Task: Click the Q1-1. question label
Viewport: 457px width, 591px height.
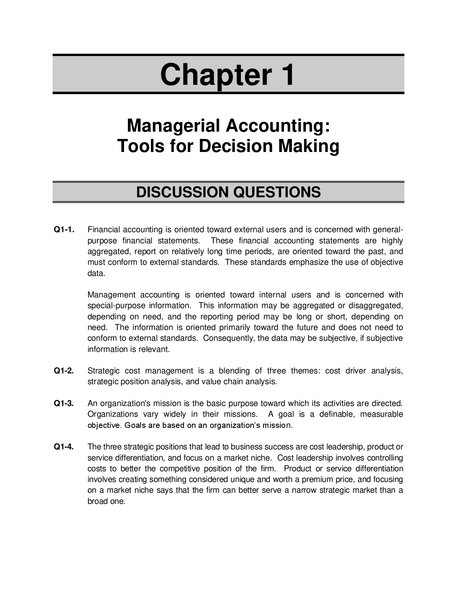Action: pos(64,230)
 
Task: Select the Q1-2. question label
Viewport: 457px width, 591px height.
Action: pos(64,371)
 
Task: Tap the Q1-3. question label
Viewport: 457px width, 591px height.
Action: pos(64,403)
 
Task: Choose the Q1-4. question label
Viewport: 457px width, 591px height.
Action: pos(64,447)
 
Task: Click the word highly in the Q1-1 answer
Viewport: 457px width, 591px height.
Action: pos(392,241)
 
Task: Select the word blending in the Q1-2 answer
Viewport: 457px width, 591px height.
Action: pos(234,371)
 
